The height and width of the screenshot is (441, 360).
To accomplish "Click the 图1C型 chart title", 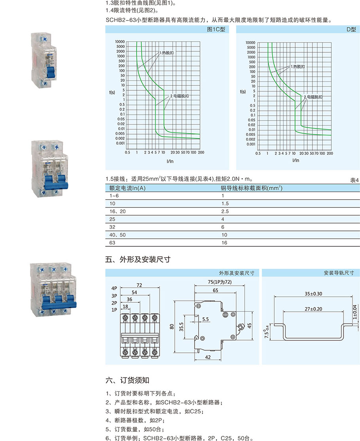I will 216,30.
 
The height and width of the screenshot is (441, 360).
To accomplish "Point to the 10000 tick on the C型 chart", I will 120,41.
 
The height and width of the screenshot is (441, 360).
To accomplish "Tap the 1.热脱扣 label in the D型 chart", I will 298,67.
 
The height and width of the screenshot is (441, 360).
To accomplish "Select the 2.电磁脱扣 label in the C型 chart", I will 179,96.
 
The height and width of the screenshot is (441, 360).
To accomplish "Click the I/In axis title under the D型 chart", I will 296,160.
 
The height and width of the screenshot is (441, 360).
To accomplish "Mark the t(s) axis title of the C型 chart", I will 112,93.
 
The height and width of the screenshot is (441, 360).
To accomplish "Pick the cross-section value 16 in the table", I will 224,243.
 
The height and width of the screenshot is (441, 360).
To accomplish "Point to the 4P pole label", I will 114,288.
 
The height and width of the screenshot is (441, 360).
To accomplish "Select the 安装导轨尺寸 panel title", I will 341,273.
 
